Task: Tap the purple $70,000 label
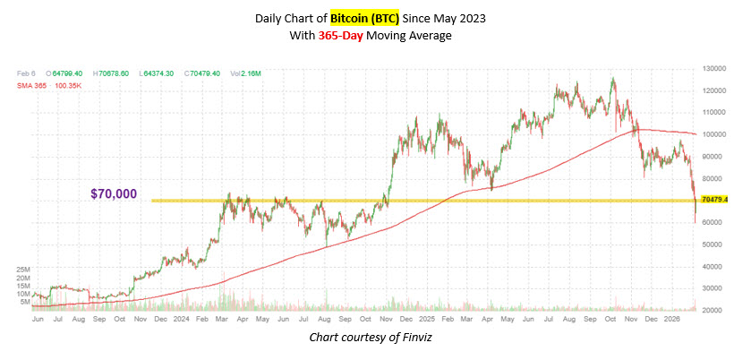[114, 193]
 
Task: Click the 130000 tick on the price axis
[713, 68]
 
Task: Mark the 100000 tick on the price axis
[713, 134]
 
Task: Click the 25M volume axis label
[24, 270]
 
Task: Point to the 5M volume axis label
[27, 302]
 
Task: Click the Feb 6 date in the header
[27, 72]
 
